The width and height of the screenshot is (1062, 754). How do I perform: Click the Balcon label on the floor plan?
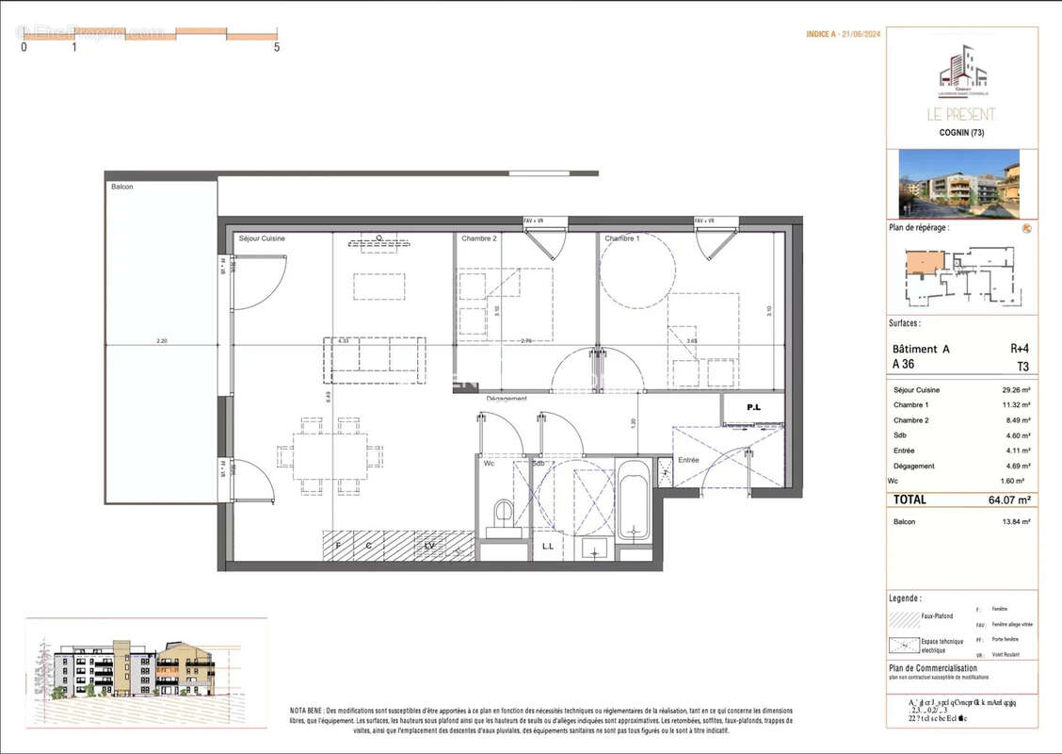point(122,187)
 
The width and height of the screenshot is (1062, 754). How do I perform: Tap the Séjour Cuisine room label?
point(262,238)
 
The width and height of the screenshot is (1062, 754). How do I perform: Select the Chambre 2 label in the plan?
point(478,238)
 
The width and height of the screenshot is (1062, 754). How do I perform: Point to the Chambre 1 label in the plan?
point(623,238)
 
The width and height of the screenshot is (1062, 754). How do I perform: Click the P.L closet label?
point(753,408)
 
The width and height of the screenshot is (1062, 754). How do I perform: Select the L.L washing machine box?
point(548,546)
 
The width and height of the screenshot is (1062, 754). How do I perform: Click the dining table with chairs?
point(330,456)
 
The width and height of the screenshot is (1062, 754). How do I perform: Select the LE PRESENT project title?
point(961,114)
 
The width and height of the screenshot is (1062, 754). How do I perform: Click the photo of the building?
point(958,184)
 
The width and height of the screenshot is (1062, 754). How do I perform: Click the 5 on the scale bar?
point(277,46)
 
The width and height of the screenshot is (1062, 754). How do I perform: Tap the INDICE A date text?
point(844,34)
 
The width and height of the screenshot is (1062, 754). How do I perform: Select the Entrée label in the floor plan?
point(690,460)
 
